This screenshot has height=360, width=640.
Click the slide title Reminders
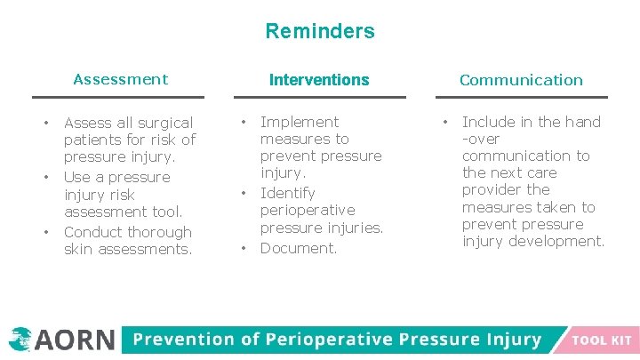(320, 31)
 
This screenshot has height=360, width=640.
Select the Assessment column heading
(120, 79)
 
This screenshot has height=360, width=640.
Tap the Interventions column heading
(319, 80)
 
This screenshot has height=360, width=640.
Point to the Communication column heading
(521, 80)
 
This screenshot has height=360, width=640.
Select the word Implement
(300, 122)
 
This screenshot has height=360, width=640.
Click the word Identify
(287, 193)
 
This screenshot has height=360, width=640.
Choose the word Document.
(299, 248)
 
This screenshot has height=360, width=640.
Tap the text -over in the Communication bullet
(481, 139)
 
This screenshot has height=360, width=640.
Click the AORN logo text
(76, 340)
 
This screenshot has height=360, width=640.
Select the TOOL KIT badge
(602, 340)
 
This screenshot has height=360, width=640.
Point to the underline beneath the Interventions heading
(319, 97)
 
